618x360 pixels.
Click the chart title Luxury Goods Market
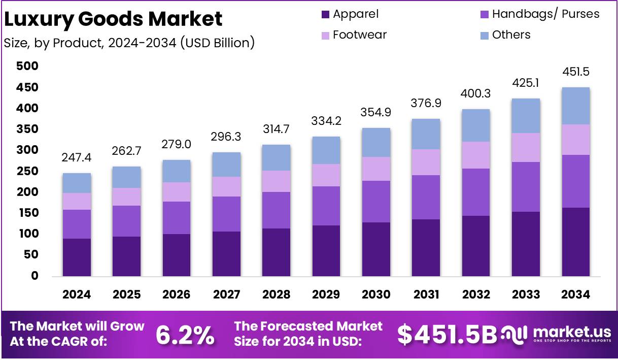point(113,19)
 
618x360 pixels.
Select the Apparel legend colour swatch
point(325,14)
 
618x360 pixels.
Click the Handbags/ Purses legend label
point(545,14)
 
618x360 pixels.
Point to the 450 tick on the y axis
point(27,88)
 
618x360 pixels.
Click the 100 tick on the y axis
point(27,234)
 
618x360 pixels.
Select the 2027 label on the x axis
point(226,295)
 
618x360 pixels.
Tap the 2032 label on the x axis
point(476,295)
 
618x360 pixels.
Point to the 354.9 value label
point(376,113)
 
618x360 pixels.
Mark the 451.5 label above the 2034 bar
point(576,72)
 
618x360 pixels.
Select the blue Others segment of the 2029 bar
point(326,150)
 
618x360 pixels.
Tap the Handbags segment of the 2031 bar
point(426,197)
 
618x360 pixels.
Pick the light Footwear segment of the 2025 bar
point(126,197)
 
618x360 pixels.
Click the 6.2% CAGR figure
point(185,335)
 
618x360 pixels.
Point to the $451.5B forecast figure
point(447,335)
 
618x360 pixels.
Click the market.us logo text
point(572,332)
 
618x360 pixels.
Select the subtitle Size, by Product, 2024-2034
point(129,43)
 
